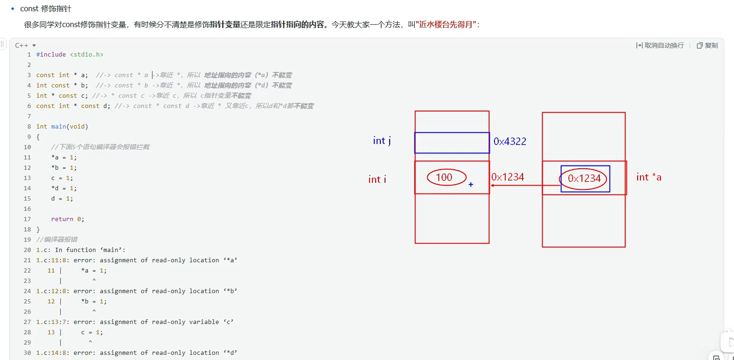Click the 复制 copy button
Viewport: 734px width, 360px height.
(x=707, y=45)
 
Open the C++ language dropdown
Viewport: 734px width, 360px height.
(x=25, y=45)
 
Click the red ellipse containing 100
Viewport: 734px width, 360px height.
(x=446, y=177)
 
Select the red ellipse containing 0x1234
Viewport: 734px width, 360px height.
(x=584, y=179)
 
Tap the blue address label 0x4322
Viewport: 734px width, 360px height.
(x=510, y=141)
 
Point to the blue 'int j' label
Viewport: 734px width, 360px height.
(x=382, y=141)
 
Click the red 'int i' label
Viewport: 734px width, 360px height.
(x=377, y=180)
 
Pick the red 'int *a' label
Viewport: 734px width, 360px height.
(x=648, y=177)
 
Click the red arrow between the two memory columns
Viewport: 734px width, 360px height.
(x=524, y=186)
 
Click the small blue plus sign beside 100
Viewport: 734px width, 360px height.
(x=471, y=185)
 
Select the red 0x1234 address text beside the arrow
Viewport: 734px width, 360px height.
(x=508, y=177)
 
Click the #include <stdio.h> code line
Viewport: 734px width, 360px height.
(x=70, y=55)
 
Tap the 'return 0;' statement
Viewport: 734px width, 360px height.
(x=67, y=219)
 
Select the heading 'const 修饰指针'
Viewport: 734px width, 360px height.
(x=45, y=8)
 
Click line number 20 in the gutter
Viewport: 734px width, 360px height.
(x=27, y=250)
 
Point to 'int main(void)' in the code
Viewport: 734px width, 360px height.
(x=62, y=127)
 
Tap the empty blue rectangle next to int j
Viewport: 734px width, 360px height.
(x=452, y=143)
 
